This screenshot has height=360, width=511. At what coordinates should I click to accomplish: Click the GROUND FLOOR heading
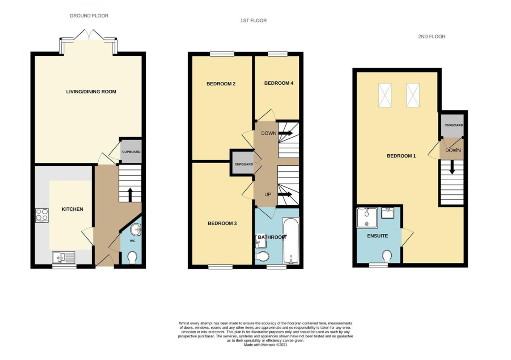89,16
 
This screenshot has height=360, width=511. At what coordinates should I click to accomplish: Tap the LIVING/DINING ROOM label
91,92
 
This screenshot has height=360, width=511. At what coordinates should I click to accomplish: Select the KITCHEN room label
72,209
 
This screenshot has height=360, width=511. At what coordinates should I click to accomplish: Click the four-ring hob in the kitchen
42,215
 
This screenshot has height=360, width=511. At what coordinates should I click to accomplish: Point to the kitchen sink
63,257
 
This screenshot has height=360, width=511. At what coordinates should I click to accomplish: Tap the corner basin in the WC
136,230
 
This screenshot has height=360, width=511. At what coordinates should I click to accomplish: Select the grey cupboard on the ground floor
131,152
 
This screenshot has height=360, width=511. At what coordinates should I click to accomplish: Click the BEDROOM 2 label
221,84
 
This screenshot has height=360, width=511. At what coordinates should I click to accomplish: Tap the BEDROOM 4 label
278,83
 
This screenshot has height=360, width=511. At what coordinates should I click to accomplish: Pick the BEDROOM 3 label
222,223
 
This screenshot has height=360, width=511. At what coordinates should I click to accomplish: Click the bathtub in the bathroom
292,241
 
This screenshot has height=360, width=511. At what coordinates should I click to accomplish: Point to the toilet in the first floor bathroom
262,256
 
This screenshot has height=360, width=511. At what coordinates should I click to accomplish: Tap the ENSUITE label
377,236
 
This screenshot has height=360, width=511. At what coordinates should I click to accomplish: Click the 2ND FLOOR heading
431,37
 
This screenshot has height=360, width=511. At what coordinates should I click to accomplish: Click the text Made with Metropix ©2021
265,345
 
